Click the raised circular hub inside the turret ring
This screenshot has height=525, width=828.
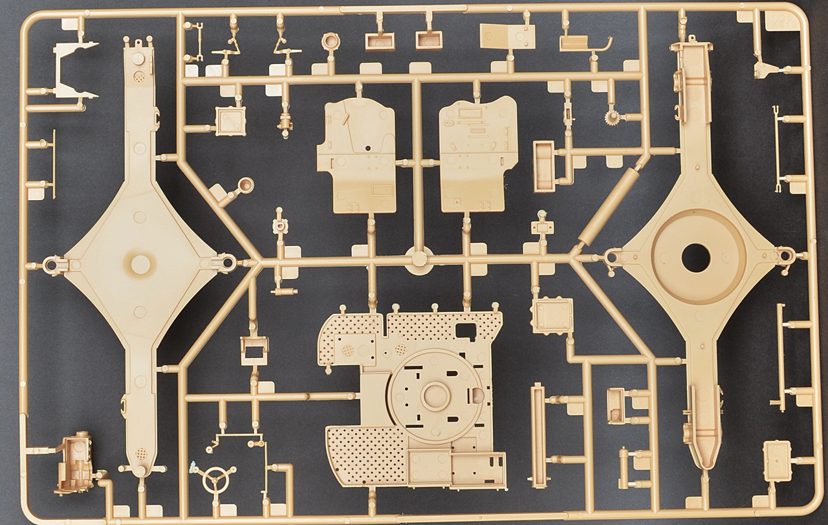pos(434,394)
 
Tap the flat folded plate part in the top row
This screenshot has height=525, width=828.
pos(502,36)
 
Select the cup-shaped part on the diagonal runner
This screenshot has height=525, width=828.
pos(245,186)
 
